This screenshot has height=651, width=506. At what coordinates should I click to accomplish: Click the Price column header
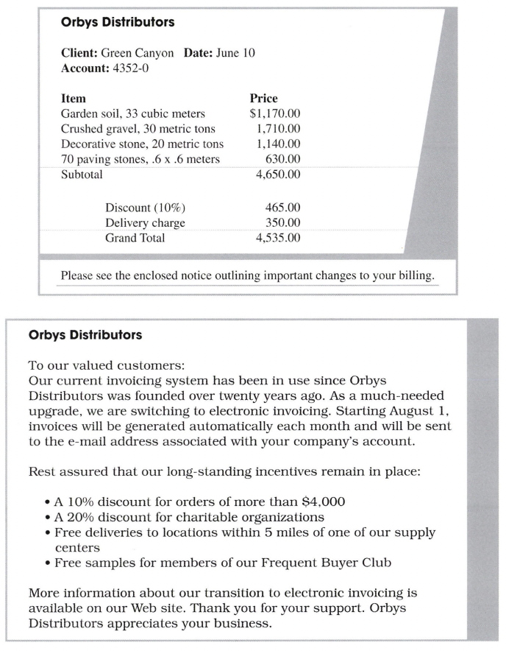pos(263,99)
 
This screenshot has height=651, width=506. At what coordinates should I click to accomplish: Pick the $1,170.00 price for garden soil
pos(274,113)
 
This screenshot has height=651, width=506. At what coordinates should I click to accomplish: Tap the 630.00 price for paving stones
pos(282,160)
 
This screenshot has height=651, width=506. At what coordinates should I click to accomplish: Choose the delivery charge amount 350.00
pos(282,222)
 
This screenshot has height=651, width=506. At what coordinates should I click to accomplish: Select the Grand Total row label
pos(135,238)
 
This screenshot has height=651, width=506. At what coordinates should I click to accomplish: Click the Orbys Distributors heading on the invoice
pos(118,22)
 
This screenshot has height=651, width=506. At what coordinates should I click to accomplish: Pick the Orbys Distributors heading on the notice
pos(85,335)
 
